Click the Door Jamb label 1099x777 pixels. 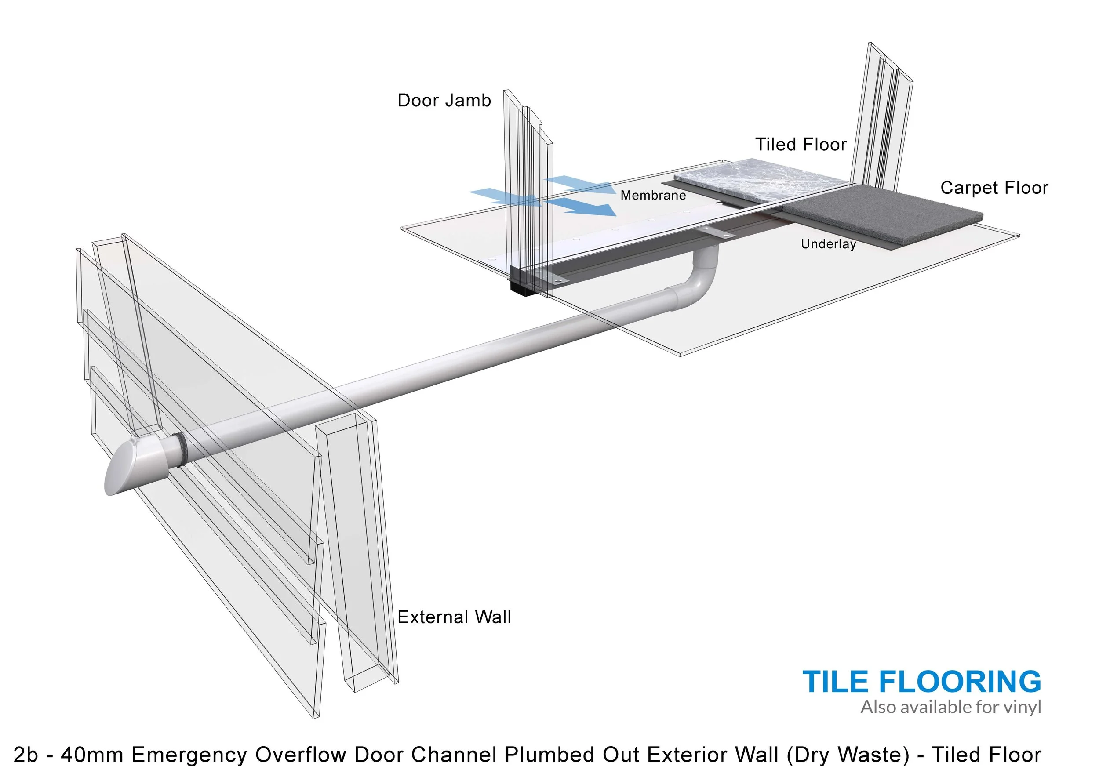tap(444, 101)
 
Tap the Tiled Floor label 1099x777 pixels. tap(801, 145)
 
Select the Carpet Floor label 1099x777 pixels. tap(994, 188)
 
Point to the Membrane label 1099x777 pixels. tap(653, 195)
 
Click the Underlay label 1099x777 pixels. tap(829, 244)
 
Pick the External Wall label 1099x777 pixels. tap(454, 617)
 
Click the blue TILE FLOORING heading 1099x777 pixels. tap(921, 682)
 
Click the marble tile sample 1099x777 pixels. tap(761, 181)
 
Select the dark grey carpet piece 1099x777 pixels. tap(885, 211)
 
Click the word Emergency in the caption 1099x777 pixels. tap(189, 755)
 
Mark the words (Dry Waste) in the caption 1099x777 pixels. tap(848, 755)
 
